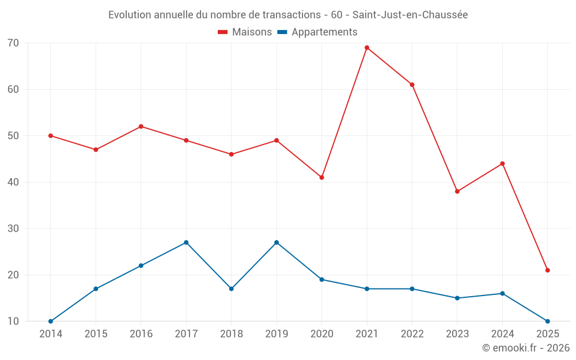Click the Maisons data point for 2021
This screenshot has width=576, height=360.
367,48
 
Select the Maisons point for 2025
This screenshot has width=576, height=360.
548,270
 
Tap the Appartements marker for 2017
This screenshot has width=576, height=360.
186,242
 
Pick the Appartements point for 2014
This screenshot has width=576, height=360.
51,321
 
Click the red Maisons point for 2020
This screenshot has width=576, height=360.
322,177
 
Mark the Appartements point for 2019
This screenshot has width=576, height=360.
276,242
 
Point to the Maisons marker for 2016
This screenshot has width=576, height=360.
141,127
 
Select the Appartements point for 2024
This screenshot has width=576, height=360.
502,294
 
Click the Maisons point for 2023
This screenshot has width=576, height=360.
457,191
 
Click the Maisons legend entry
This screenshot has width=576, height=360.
245,32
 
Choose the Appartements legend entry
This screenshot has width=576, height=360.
317,32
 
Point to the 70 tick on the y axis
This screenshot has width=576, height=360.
13,43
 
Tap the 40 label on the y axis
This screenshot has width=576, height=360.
13,182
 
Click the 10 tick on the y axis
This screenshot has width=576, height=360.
13,321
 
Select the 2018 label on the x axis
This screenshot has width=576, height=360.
231,334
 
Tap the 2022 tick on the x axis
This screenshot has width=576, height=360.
412,334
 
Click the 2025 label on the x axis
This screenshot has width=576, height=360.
548,334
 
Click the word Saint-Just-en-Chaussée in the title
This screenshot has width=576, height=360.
410,14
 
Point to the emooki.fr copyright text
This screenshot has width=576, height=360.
525,348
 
